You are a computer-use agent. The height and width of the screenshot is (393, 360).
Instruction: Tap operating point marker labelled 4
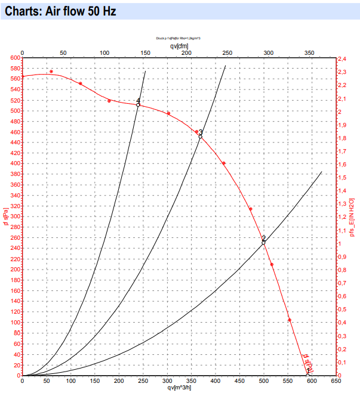pos(138,104)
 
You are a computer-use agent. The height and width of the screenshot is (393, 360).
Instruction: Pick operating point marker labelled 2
pos(263,242)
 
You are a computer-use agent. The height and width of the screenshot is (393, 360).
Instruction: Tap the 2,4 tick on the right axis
pos(343,60)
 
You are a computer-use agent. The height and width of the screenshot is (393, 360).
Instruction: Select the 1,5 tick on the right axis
pos(343,178)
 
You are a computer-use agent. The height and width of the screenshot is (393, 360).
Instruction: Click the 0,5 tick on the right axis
pos(343,310)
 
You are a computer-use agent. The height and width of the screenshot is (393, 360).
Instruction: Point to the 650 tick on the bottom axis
pos(336,380)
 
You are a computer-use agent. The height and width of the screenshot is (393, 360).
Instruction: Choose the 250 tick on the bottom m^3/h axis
pos(143,380)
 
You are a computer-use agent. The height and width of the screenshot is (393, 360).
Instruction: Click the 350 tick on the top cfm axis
pos(309,52)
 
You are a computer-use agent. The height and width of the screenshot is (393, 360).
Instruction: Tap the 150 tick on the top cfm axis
pos(145,52)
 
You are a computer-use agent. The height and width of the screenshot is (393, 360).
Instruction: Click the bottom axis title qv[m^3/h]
pos(179,387)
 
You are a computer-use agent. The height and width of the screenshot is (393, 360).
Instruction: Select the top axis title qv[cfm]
pos(179,45)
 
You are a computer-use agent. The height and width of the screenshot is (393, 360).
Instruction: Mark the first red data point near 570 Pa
pos(51,72)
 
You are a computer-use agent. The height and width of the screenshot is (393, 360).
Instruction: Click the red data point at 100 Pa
pos(290,320)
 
